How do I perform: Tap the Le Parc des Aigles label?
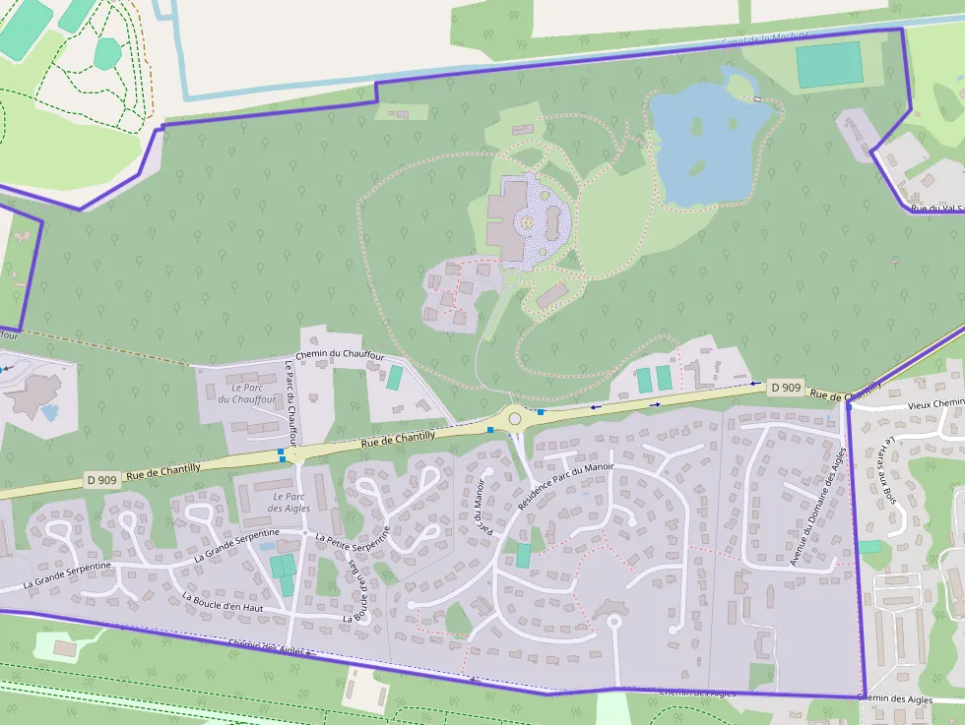(x=289, y=502)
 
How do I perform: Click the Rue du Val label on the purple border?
(x=935, y=208)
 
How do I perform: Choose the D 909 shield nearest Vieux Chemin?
(x=786, y=388)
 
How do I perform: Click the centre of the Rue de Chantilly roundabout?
(x=515, y=418)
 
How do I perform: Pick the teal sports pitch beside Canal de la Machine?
(x=829, y=65)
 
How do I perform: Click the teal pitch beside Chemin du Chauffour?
(x=395, y=378)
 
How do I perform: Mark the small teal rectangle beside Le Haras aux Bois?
(x=869, y=546)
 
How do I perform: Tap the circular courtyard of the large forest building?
(x=528, y=222)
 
